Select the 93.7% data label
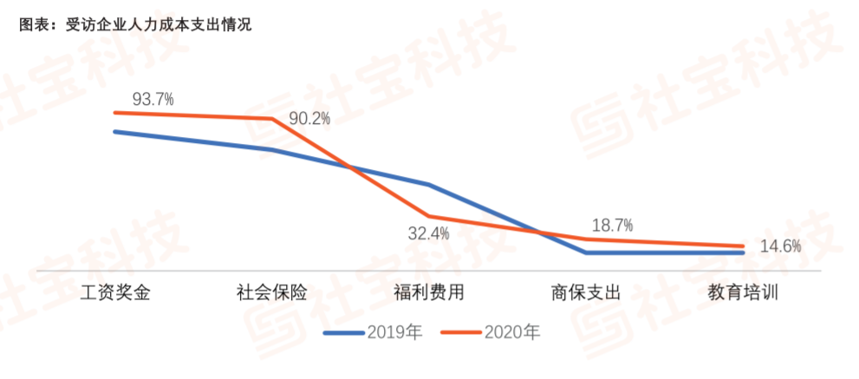153,99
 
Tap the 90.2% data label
310,119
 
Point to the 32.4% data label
429,233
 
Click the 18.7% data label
611,225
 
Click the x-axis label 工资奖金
114,292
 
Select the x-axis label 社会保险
271,292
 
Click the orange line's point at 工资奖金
115,113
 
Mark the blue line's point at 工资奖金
115,132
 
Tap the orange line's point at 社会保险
272,119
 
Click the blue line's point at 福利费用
429,184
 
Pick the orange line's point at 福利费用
429,216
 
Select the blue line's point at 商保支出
587,252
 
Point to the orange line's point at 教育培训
743,246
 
